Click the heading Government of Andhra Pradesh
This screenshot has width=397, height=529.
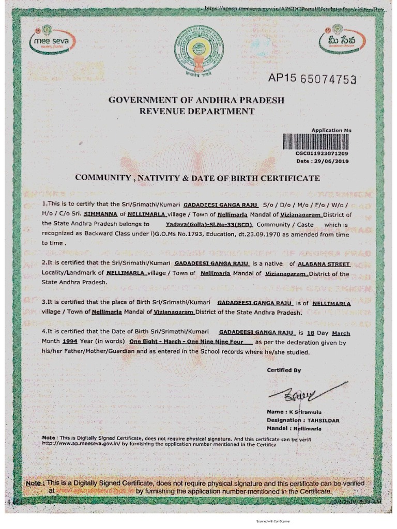tap(196, 100)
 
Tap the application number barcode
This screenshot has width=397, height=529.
tap(315, 142)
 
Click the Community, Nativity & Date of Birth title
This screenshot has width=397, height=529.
tap(197, 178)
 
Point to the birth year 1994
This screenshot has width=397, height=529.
tap(70, 342)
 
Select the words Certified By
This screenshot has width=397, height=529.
tap(284, 370)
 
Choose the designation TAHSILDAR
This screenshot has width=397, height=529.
tap(324, 421)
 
